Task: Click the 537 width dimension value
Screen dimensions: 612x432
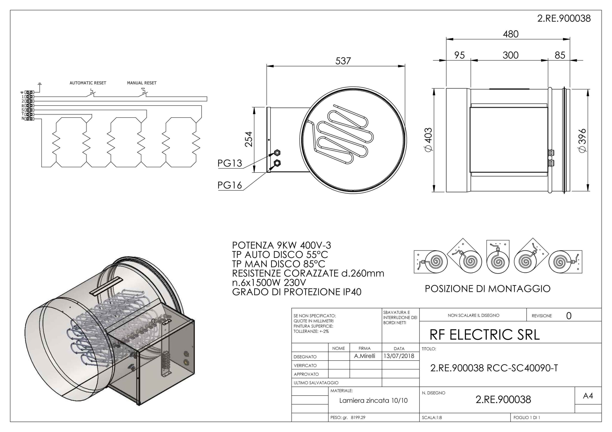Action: [x=343, y=61]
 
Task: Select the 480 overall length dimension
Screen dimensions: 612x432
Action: [x=510, y=34]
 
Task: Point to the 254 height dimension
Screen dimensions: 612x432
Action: [x=248, y=139]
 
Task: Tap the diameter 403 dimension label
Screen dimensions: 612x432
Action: [x=428, y=139]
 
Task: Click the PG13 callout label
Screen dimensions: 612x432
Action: [x=230, y=163]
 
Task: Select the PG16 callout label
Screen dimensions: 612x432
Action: [x=230, y=185]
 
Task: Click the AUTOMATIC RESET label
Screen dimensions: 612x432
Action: [x=88, y=83]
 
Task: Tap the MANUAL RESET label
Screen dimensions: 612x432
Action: [x=142, y=83]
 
